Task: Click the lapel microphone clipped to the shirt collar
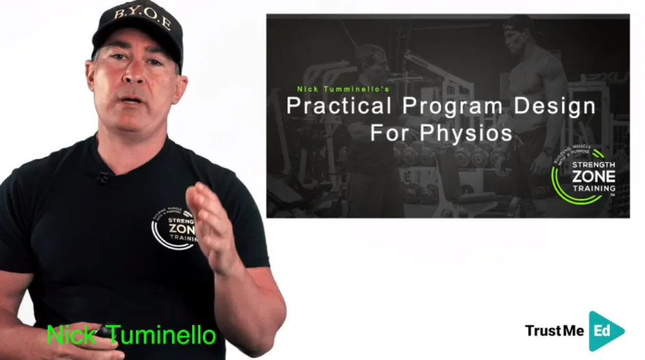point(104,176)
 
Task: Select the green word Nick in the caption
point(69,335)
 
